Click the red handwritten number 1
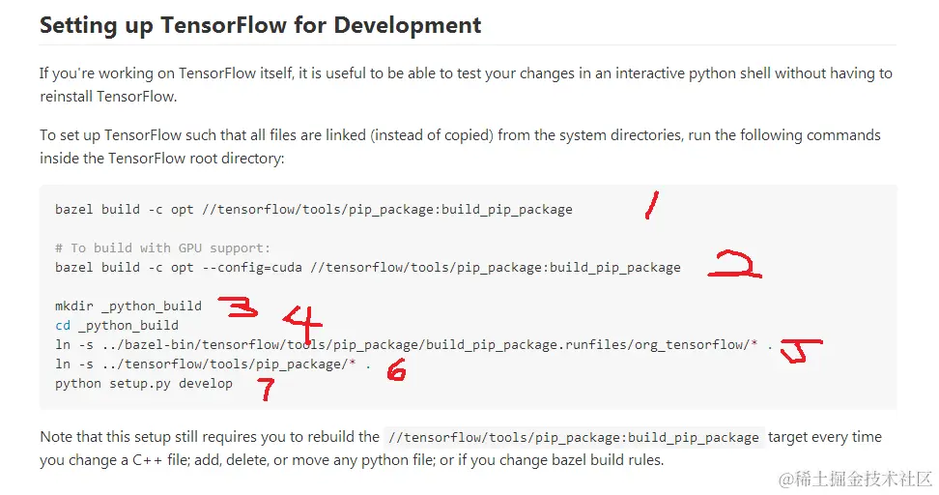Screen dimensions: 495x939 click(x=653, y=205)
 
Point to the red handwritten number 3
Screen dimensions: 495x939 click(x=239, y=307)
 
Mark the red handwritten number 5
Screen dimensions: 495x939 click(x=799, y=352)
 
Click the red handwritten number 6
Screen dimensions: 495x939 click(x=396, y=369)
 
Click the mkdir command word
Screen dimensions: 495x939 click(x=74, y=306)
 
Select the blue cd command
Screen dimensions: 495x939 click(x=63, y=325)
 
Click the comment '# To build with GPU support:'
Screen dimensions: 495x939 click(x=163, y=247)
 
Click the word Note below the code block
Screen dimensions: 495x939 click(x=57, y=437)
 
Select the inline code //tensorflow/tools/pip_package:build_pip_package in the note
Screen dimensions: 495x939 click(x=574, y=438)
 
